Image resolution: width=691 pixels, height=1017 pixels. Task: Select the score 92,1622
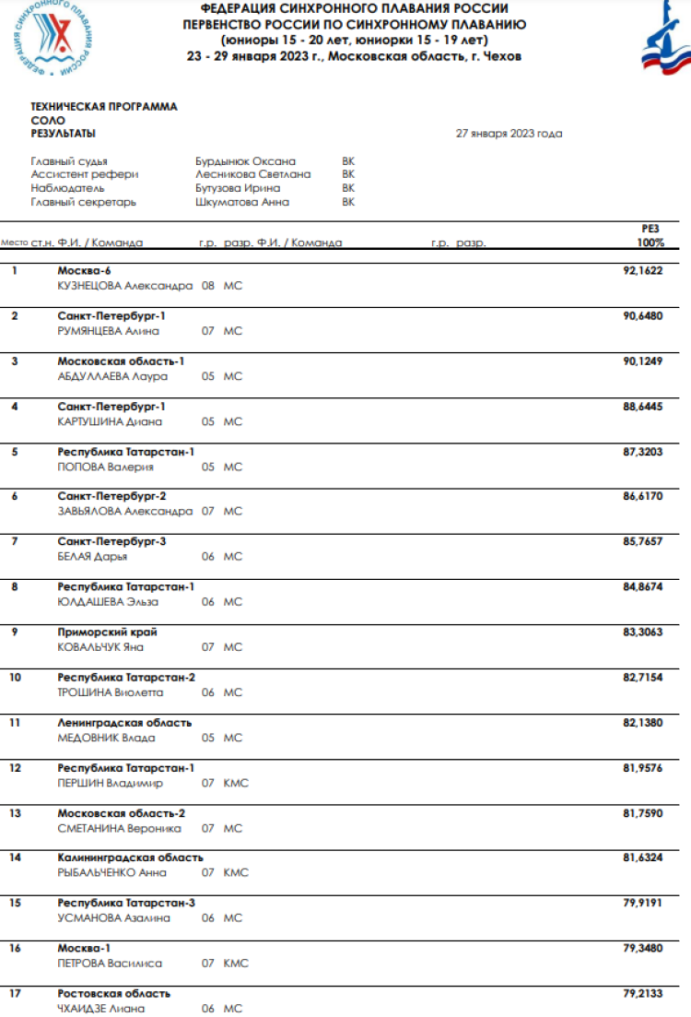tap(643, 271)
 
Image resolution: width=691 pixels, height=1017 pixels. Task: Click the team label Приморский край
tap(107, 632)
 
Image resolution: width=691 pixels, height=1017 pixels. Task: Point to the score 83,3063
tap(643, 632)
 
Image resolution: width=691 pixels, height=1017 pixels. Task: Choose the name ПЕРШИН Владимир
tap(110, 783)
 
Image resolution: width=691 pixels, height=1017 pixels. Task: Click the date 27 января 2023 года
tap(509, 133)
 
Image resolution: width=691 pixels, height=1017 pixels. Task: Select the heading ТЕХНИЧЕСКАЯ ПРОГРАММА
tap(104, 107)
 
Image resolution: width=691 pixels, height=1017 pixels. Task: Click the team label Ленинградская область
tap(124, 722)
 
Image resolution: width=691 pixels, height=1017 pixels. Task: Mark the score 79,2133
tap(643, 993)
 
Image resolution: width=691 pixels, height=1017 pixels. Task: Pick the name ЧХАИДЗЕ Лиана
tap(101, 1009)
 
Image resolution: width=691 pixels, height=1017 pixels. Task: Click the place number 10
tap(15, 677)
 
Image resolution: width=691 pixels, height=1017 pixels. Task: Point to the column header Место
tap(14, 243)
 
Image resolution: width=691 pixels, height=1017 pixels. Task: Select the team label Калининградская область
tap(130, 857)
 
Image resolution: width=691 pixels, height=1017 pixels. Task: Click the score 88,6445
tap(643, 407)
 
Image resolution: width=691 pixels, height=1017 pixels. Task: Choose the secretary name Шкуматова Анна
tap(241, 202)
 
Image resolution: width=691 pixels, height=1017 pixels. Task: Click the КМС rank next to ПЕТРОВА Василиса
tap(236, 963)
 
